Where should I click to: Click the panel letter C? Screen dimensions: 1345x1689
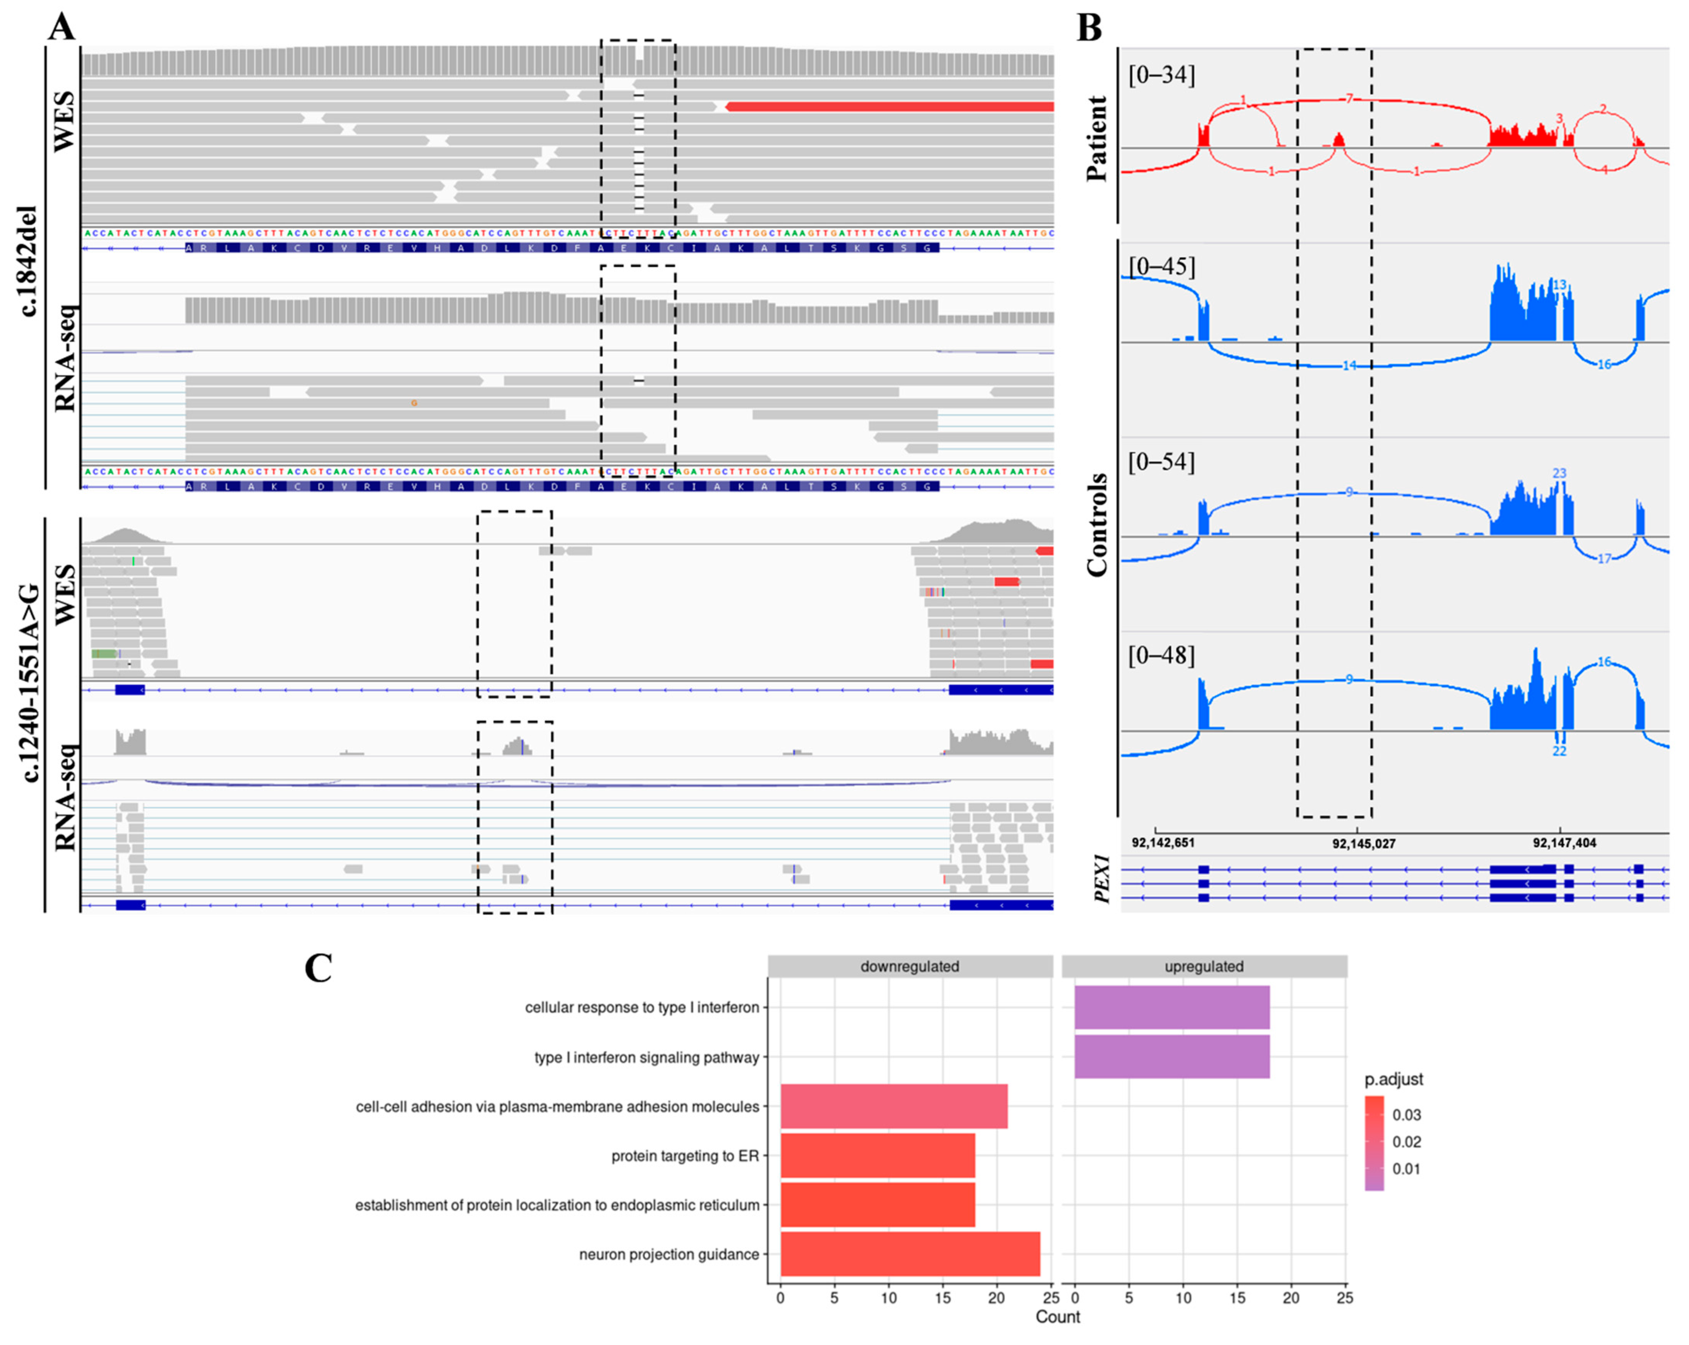coord(318,968)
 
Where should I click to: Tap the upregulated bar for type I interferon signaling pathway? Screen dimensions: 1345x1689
coord(1171,1057)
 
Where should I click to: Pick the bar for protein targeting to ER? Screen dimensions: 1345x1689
coord(878,1155)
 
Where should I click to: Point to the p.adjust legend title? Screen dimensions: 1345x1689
coord(1393,1079)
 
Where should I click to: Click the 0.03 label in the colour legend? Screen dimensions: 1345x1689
coord(1406,1115)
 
